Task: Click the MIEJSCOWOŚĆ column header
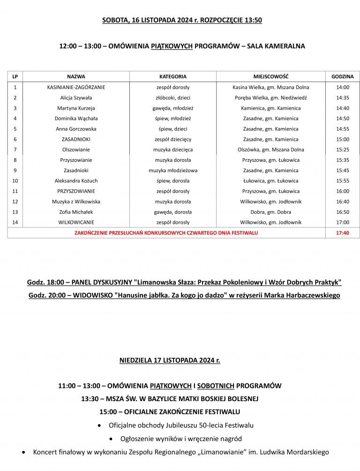click(x=270, y=76)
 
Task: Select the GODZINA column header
click(x=343, y=76)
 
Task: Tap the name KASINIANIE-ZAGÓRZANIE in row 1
click(x=76, y=87)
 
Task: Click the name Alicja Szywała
click(x=76, y=98)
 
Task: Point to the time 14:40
click(x=343, y=108)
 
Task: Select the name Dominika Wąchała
click(x=76, y=118)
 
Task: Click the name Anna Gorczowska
click(x=76, y=129)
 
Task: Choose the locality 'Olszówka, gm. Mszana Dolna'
click(x=270, y=150)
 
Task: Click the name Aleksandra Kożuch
click(x=76, y=181)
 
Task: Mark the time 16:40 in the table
click(x=343, y=201)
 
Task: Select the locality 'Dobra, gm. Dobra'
click(x=270, y=212)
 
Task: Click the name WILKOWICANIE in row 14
click(x=76, y=222)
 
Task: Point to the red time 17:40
click(x=343, y=232)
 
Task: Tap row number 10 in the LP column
click(x=15, y=181)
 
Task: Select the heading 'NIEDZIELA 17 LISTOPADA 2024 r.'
click(x=170, y=361)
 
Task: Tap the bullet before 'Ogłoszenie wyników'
click(x=110, y=439)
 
